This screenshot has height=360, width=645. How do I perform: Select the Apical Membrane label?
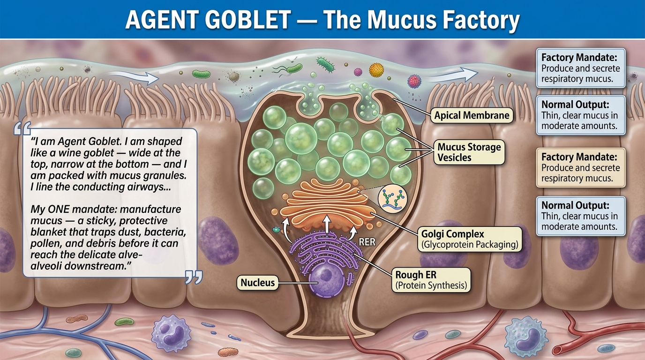472,115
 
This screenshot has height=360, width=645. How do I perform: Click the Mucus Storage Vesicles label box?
469,152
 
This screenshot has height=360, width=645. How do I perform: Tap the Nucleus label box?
257,283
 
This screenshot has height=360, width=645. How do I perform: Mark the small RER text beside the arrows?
368,243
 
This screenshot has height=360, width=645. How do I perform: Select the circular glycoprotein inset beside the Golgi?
391,199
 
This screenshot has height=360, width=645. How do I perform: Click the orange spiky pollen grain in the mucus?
376,70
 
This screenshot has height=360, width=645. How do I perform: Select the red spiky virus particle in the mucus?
415,81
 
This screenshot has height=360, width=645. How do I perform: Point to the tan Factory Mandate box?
580,167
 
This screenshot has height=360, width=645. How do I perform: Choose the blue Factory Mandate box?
580,68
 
